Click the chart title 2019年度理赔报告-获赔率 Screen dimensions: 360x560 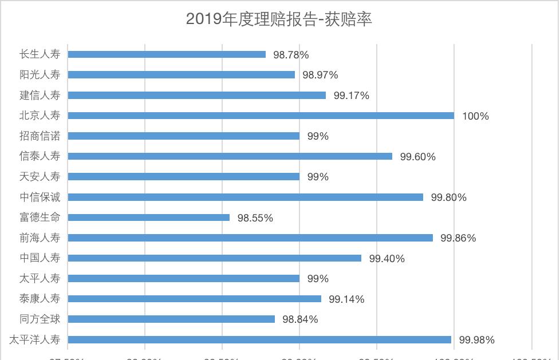(x=279, y=19)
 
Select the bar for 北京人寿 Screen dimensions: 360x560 (x=261, y=116)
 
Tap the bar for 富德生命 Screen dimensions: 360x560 (x=149, y=217)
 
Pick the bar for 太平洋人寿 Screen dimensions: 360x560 (x=259, y=339)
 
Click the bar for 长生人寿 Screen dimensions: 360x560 (x=167, y=54)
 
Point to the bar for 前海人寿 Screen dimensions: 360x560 (x=250, y=238)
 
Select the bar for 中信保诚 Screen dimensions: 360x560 (x=246, y=197)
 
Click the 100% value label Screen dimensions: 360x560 (x=475, y=116)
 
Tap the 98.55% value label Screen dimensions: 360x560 (x=255, y=218)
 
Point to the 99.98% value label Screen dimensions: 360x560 (x=476, y=340)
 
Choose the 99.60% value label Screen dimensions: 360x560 (x=417, y=157)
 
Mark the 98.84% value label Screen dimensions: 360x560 (x=300, y=319)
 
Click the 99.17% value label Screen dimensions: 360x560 (x=351, y=96)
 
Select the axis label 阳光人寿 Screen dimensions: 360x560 (x=40, y=74)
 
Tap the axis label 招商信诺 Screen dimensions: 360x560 (x=40, y=136)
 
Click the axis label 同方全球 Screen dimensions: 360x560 (x=40, y=319)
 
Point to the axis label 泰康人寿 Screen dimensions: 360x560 (x=40, y=299)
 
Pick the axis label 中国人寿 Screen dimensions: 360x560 (x=40, y=258)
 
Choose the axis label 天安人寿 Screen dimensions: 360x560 (x=40, y=176)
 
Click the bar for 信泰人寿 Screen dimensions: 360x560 (x=230, y=156)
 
